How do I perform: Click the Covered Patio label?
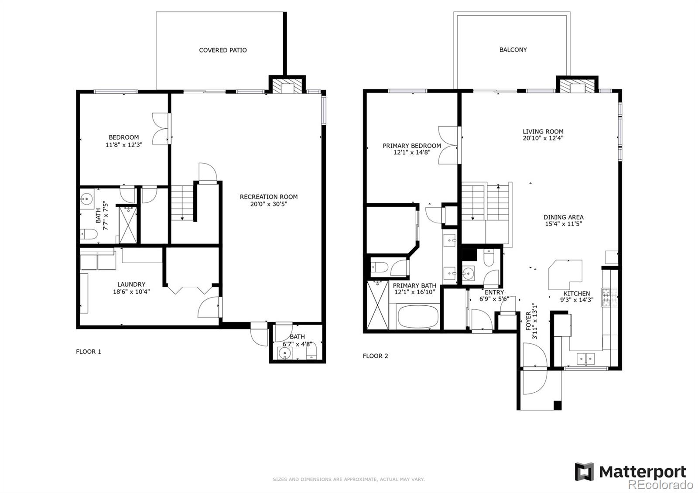[222, 50]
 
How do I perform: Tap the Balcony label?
[513, 50]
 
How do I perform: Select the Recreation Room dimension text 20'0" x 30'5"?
[269, 204]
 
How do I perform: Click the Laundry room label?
[131, 284]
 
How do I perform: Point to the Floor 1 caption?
[89, 352]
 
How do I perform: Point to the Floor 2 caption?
[375, 356]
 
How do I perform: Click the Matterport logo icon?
[584, 472]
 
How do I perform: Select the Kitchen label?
[577, 294]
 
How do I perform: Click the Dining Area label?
[563, 217]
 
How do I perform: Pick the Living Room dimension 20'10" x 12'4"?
[543, 138]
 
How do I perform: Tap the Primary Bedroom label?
[412, 146]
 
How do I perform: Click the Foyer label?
[528, 321]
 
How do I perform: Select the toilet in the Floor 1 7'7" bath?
[89, 234]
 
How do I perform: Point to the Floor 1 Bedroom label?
[124, 137]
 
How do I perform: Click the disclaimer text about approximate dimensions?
[349, 479]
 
